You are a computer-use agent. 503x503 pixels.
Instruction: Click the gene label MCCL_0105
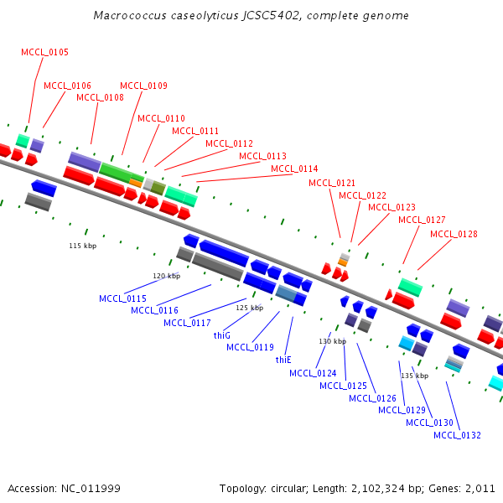coord(45,52)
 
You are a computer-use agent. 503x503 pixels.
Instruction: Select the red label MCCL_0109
coord(143,86)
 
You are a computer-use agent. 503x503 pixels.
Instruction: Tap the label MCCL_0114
coord(294,169)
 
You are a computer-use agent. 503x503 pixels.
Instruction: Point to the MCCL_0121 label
coord(332,183)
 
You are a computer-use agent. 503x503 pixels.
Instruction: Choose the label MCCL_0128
coord(454,234)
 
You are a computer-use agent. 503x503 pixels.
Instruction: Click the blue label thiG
coord(221,335)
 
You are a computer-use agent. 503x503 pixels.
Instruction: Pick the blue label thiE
coord(283,360)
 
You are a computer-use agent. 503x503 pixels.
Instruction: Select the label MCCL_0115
coord(122,298)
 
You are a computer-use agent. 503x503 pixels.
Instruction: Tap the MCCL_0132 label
coord(457,435)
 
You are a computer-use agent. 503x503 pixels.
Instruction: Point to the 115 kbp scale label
coord(82,246)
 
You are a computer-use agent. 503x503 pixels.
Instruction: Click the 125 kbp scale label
coord(249,308)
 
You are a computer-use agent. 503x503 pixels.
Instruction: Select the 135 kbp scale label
coord(414,376)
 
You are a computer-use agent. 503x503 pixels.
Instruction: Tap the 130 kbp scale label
coord(332,341)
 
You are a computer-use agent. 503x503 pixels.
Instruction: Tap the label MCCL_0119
coord(250,347)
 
